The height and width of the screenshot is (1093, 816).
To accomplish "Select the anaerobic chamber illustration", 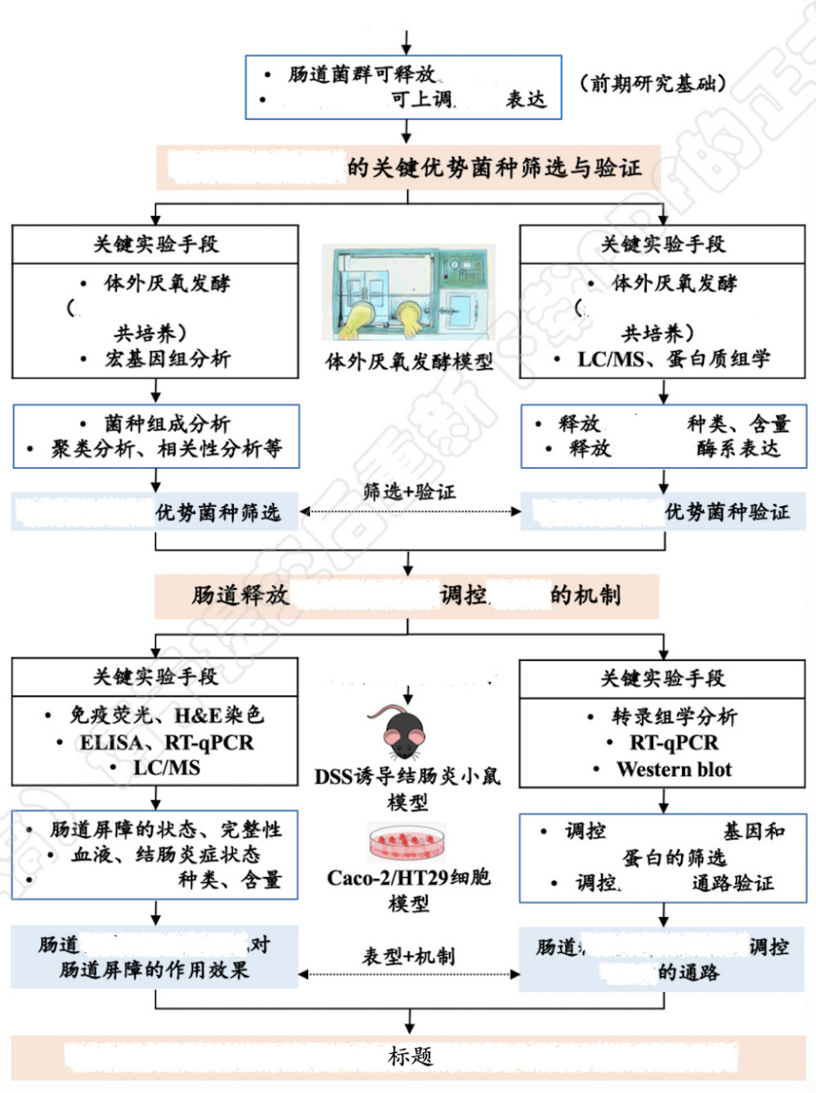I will pos(408,294).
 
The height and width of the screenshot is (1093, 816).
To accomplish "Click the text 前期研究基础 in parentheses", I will pos(653,83).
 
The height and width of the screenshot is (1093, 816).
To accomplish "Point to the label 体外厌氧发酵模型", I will pos(409,362).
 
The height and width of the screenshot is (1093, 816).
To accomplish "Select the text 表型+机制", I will pos(408,956).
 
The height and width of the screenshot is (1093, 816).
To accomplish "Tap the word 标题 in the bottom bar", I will pos(410,1056).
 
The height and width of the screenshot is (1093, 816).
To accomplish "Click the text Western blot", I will pos(673,769).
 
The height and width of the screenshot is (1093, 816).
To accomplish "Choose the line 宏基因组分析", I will pos(167,359).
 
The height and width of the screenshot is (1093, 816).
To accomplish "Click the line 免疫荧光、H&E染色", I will pos(166,716).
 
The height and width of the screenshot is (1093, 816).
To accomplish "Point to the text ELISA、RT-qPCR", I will pos(166,743).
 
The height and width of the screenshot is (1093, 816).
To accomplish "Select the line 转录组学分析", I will pos(673,716).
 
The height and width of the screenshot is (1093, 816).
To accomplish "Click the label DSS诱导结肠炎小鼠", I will pos(407,777).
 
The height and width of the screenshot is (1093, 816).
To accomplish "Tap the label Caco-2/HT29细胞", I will pos(408,877).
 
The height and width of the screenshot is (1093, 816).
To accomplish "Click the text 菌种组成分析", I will pos(167,424).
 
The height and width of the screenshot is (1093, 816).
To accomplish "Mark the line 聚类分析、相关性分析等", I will pos(166,448).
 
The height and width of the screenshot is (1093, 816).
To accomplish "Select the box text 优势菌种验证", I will pos(727,512).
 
